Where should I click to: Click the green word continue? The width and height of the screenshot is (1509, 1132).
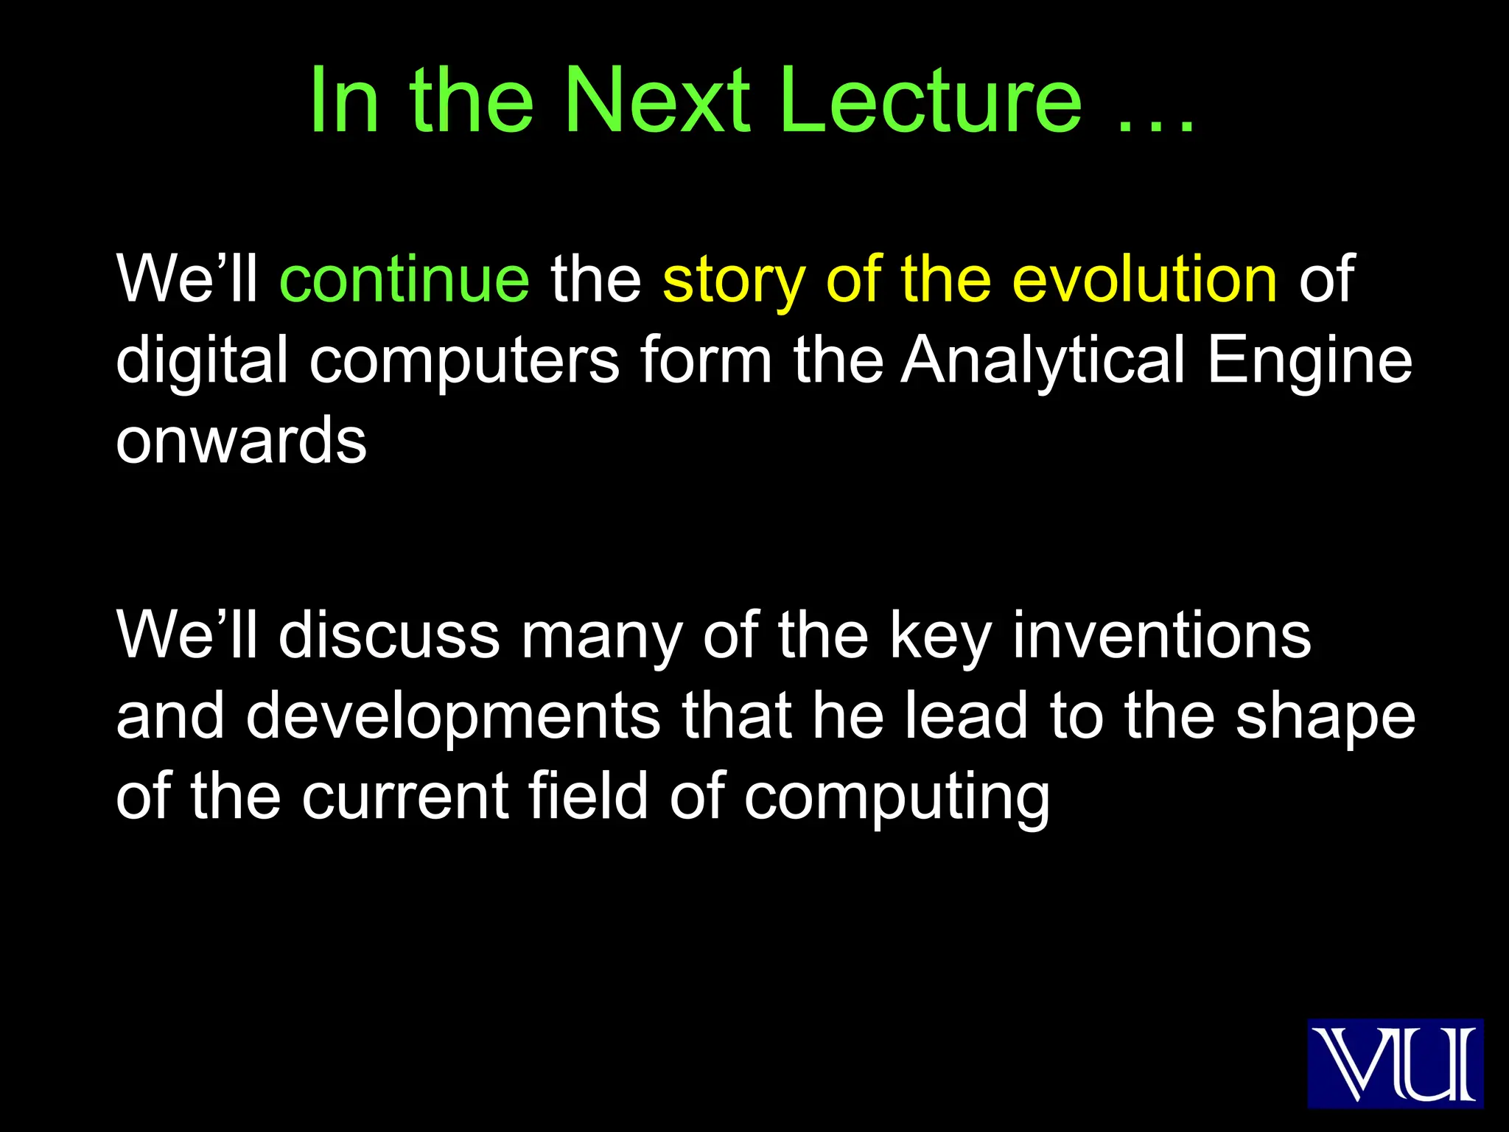405,279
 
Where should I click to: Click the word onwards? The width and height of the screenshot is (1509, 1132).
241,441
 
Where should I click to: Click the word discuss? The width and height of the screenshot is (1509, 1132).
389,635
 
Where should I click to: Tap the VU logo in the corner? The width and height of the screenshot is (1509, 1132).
1395,1063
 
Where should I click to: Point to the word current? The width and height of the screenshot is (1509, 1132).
405,797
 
